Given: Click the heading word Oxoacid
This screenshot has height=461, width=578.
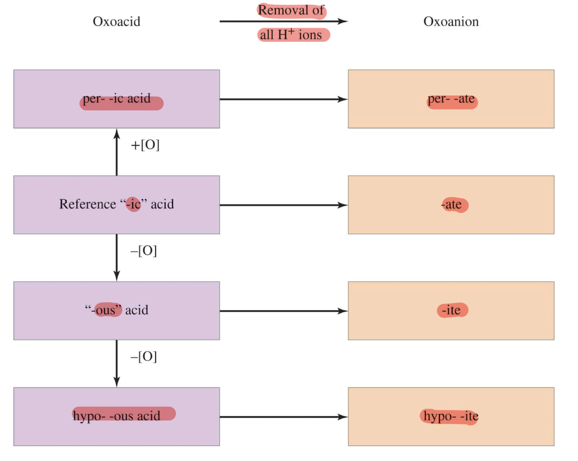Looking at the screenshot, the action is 117,22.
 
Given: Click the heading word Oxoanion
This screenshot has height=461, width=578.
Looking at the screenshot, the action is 451,22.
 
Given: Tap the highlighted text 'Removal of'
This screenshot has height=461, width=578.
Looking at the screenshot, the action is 291,10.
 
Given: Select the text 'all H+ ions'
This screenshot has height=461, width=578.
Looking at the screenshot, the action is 291,35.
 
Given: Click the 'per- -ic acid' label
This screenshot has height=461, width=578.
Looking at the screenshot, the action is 117,99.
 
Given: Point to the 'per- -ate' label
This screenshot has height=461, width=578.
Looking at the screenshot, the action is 451,99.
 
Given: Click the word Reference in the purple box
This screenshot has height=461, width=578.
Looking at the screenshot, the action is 88,204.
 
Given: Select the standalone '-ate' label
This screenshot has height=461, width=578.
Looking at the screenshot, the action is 451,205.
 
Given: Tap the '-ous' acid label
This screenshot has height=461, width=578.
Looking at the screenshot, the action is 117,310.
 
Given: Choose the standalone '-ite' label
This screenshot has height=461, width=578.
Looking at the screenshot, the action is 451,310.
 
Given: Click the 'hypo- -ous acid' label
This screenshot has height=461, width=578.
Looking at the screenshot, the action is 117,416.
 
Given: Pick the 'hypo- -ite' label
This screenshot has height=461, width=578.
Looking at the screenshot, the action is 451,416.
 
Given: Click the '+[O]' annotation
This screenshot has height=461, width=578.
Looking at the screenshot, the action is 145,145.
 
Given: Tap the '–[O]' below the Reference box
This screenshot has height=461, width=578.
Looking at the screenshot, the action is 144,251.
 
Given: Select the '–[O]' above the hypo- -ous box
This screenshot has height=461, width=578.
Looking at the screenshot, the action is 144,357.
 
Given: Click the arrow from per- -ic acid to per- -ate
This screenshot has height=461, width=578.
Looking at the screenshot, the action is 284,99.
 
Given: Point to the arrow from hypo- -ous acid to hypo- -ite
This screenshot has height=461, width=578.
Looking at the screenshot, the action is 284,417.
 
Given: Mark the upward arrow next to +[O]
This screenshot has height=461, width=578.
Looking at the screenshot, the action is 117,152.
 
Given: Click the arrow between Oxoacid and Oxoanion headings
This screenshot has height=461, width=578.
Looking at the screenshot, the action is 284,21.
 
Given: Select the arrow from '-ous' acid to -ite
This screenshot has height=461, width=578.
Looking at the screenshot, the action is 284,311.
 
